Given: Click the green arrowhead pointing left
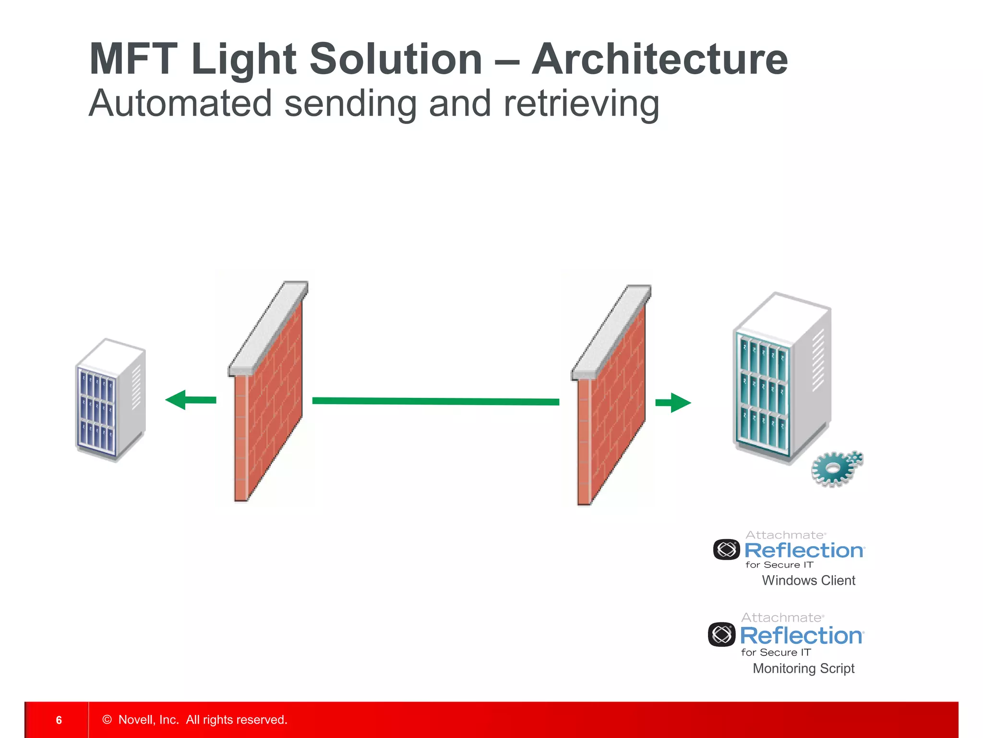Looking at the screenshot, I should coord(177,400).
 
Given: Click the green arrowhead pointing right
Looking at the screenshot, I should coord(680,403).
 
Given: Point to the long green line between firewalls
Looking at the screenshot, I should coord(435,401).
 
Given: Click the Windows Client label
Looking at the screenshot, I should coord(808,580).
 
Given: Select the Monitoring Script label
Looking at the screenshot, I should coord(803,668).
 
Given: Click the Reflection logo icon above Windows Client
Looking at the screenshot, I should coord(726,550).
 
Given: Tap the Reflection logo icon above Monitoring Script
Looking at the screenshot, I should coord(721,634).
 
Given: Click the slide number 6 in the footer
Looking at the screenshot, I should coord(59,720).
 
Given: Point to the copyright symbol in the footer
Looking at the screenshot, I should coord(107,719).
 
